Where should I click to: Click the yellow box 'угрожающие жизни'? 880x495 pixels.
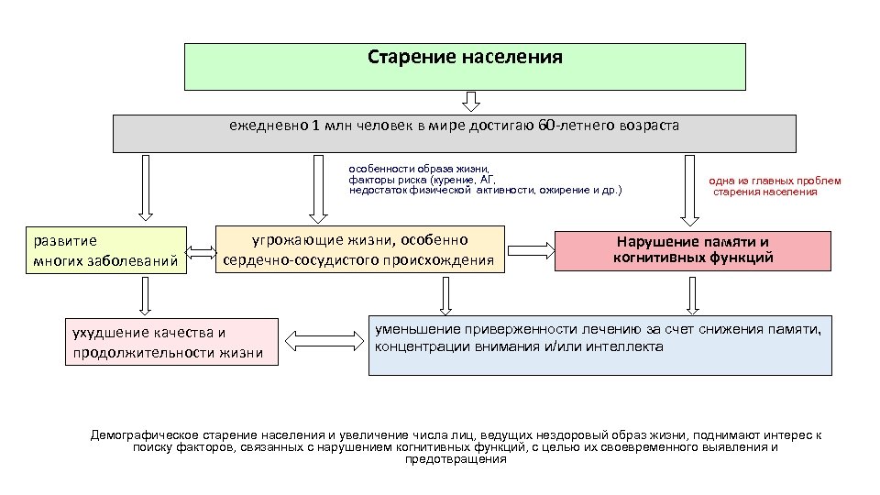359,250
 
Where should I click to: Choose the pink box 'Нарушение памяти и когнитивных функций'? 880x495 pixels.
693,250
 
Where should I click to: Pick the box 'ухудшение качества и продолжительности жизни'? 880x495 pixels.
171,341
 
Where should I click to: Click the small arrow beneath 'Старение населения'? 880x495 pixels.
469,101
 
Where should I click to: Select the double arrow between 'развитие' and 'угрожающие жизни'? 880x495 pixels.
201,249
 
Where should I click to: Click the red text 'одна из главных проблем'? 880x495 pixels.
775,181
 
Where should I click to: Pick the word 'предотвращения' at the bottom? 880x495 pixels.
455,459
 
